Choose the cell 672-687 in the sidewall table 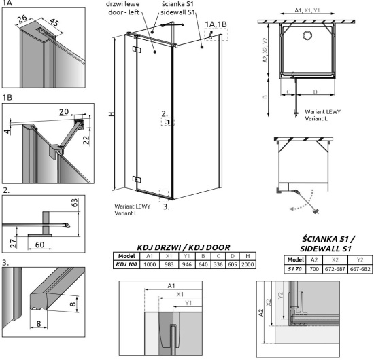333,269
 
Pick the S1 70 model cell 295,269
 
